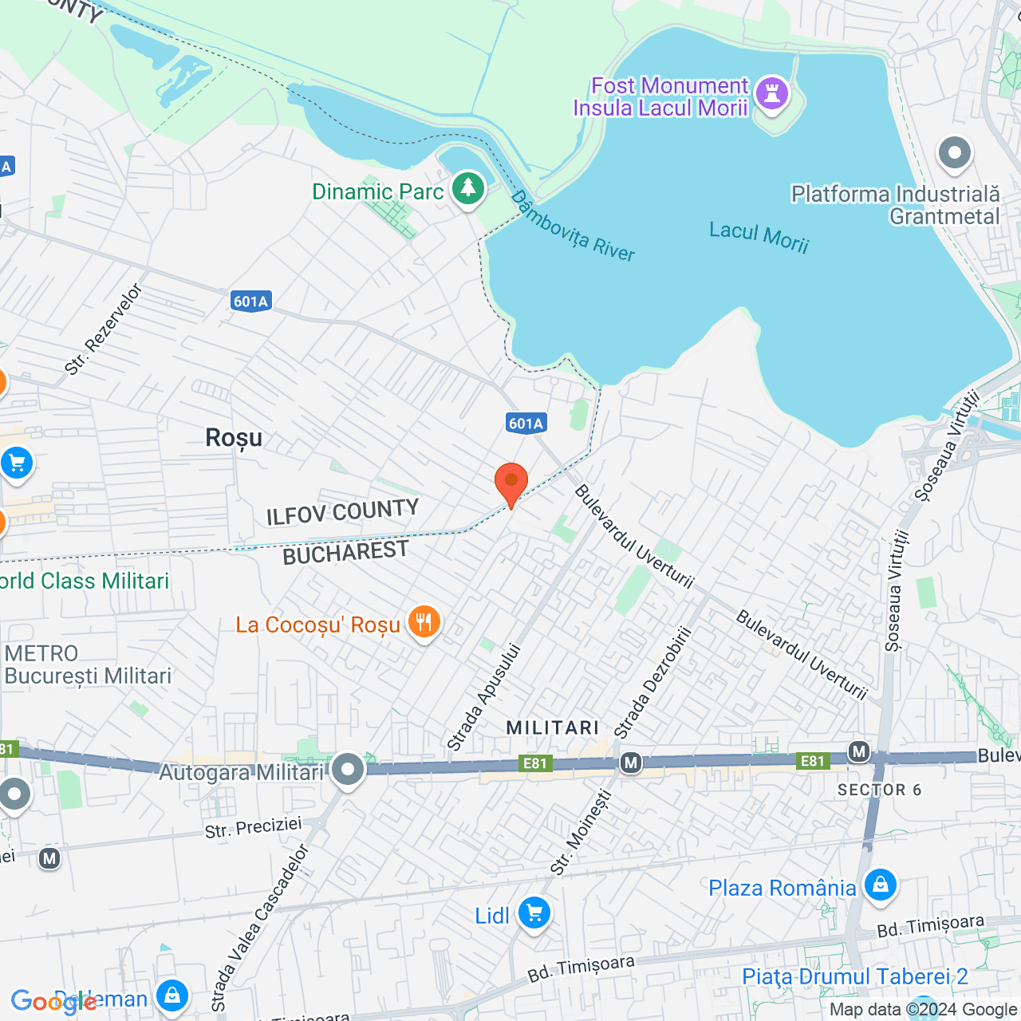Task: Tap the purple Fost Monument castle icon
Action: (771, 93)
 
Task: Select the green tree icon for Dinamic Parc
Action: (468, 189)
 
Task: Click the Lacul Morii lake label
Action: (759, 237)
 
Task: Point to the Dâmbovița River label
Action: (573, 227)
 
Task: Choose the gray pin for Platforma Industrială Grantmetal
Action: (955, 152)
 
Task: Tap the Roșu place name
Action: (234, 437)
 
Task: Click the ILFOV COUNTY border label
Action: (342, 512)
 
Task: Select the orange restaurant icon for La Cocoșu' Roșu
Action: (424, 622)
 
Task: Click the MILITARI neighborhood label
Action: (553, 727)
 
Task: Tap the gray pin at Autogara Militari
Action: (348, 769)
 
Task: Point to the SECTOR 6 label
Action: (879, 790)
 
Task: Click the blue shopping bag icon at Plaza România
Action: (881, 885)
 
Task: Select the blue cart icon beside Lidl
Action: (534, 913)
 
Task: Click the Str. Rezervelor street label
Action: (104, 329)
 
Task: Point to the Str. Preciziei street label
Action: (253, 828)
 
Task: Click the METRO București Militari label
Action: (88, 665)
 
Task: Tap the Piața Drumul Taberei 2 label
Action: (854, 976)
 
